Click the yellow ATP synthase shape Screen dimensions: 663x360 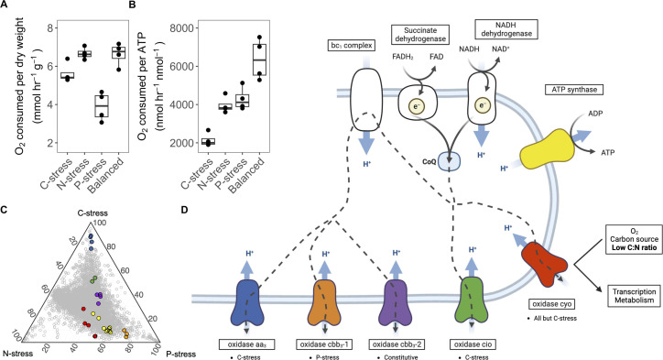548,150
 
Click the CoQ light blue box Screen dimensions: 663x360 449,161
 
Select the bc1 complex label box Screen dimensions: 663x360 352,45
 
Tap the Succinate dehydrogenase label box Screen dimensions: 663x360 420,34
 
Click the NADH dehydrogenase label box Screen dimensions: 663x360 506,29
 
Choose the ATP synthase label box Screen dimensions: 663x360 574,90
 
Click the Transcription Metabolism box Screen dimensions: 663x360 635,296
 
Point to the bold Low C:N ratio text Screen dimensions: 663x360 635,247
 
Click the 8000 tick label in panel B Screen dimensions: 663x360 182,28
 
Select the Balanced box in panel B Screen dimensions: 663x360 259,60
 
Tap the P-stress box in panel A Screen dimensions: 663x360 102,105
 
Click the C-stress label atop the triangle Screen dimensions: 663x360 92,213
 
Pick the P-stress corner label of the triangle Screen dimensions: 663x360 180,354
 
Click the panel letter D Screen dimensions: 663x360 184,210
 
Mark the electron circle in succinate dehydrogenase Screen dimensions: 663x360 416,106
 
